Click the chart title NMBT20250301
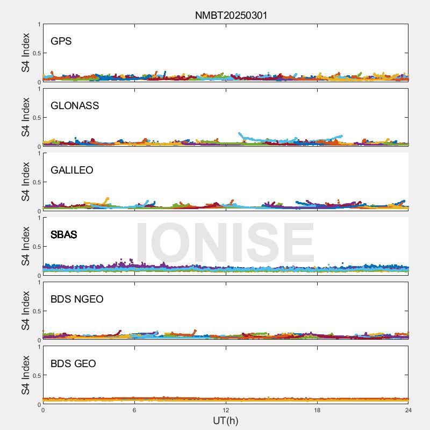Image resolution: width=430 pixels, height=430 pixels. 231,16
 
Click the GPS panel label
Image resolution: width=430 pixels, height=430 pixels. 61,41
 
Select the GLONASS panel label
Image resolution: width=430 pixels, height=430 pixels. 75,105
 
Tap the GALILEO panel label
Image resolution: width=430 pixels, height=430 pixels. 72,170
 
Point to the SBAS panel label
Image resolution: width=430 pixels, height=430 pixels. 64,234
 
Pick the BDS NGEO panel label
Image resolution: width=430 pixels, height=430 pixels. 77,299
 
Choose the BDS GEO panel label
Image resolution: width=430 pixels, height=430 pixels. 73,363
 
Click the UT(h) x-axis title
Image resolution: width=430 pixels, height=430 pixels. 225,420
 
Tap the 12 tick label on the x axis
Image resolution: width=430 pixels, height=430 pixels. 226,410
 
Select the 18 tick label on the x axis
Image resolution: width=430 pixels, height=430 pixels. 317,410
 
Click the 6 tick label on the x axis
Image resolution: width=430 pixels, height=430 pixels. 134,410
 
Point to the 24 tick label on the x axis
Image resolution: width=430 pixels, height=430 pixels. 408,410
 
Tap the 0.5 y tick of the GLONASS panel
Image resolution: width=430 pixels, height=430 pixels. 35,118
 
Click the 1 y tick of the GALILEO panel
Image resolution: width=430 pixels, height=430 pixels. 39,154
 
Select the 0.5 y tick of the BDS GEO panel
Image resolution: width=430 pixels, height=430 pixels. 35,376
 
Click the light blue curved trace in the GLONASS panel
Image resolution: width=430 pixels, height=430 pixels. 290,141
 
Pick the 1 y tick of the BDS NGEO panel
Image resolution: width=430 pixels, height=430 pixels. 39,283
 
